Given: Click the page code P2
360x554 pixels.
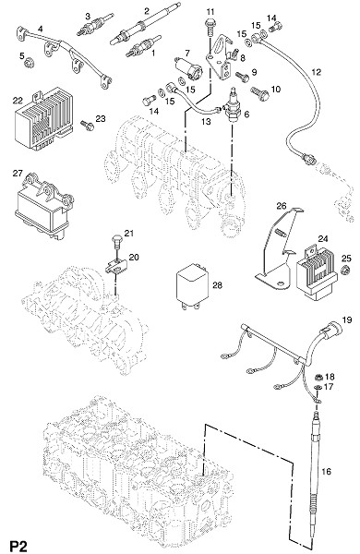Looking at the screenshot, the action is (18, 546).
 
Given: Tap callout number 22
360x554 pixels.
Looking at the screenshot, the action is (18, 101).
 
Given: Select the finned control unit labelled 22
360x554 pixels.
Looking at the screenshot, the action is (44, 118).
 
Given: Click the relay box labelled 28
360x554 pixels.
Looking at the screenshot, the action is (193, 287).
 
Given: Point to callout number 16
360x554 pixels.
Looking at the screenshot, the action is (327, 471).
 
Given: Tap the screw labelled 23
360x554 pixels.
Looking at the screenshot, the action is (87, 125).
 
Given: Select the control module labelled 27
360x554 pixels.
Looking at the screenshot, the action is (43, 207).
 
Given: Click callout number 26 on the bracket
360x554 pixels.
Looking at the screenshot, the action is (281, 206).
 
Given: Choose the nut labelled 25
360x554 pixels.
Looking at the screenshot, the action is (345, 271).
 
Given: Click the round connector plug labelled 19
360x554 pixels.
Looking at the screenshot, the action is (330, 331).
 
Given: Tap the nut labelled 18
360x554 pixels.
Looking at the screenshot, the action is (318, 378).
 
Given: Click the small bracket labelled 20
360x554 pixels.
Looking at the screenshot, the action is (115, 268).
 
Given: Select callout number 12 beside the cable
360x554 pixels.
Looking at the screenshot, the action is (317, 72).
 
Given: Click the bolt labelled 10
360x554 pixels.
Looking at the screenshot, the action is (260, 93).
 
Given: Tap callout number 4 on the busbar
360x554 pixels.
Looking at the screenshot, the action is (40, 29).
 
